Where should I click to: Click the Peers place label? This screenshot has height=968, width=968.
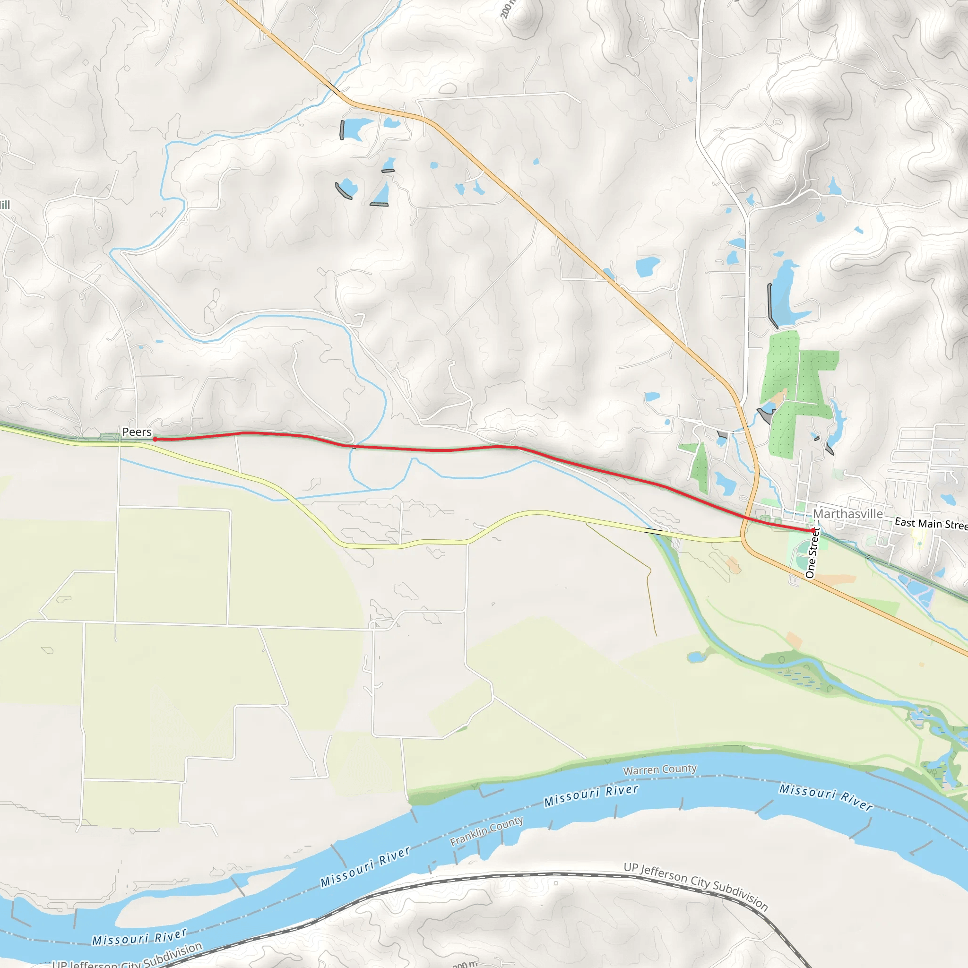tap(137, 432)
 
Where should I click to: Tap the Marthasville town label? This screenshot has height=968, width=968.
tap(848, 514)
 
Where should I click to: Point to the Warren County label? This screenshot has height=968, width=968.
tap(660, 769)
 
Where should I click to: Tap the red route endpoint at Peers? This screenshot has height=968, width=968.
tap(155, 439)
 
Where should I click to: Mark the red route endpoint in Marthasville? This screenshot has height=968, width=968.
tap(812, 530)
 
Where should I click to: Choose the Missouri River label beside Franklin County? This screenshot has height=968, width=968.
tap(366, 867)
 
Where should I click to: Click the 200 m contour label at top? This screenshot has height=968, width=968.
tap(507, 9)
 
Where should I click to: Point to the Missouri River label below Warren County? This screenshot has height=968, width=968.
tap(591, 795)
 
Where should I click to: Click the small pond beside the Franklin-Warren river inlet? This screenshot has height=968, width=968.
tap(695, 657)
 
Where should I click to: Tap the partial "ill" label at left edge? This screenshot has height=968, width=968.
tap(5, 204)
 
